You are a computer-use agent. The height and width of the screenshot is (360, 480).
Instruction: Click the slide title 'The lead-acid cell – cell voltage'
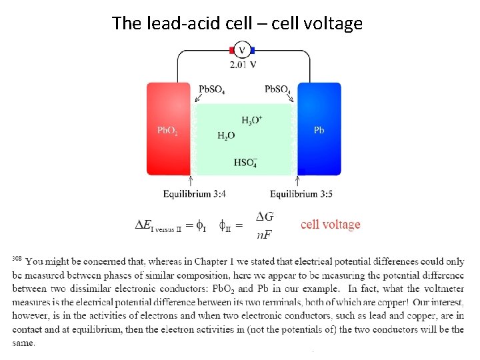coord(237,24)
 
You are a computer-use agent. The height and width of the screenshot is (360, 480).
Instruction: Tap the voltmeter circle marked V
coord(242,50)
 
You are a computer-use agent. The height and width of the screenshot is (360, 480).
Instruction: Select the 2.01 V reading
coord(243,65)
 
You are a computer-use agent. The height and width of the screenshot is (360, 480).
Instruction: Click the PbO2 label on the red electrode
coord(167,131)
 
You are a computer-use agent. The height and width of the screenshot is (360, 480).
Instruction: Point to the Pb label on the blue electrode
coord(319,131)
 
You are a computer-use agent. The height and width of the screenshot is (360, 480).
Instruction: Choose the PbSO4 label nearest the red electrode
coord(212,89)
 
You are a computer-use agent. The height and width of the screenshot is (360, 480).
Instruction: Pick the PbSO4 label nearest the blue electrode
coord(277,89)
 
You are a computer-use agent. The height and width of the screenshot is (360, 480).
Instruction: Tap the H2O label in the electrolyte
coord(226,135)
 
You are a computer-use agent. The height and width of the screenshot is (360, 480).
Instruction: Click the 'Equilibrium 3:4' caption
coord(195,195)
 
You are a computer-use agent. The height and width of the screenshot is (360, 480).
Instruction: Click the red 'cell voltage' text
coord(330,225)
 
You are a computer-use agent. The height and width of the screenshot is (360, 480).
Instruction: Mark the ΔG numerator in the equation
coord(265,216)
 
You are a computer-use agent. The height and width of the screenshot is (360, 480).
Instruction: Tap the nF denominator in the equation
coord(265,234)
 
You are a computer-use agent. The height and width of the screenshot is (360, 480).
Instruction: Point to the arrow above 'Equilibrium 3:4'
coord(191,180)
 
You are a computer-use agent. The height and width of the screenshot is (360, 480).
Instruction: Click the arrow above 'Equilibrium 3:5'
coord(297,180)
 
